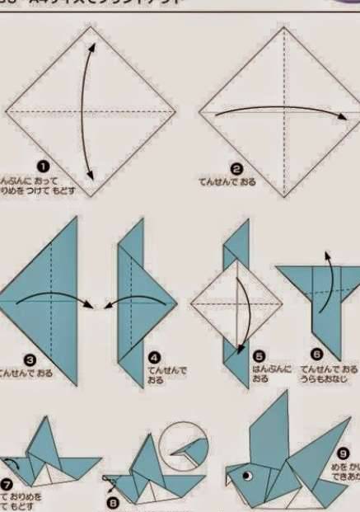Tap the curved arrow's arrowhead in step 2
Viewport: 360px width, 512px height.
[x=345, y=117]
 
